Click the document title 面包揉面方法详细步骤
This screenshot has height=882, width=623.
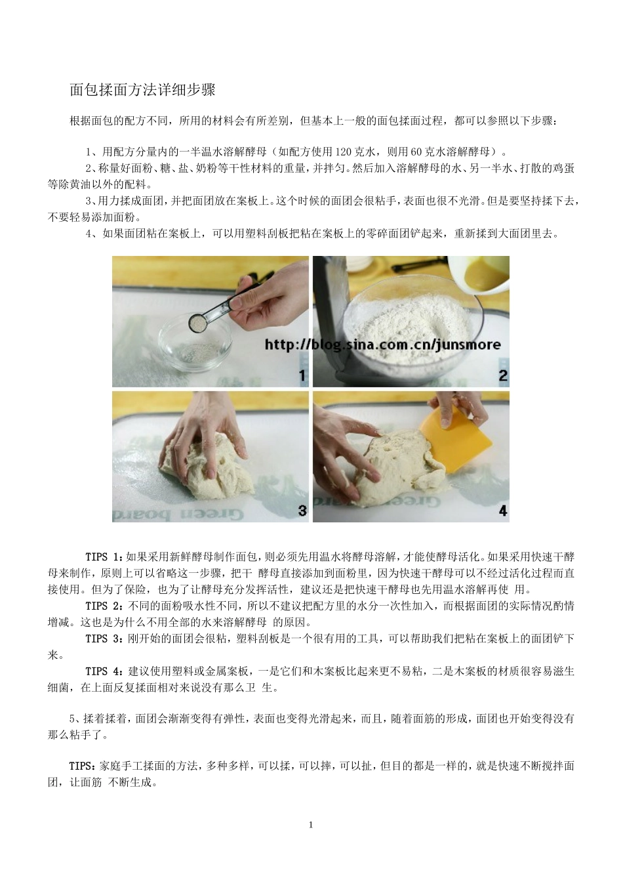[x=142, y=90]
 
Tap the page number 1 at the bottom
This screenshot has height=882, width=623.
[x=311, y=824]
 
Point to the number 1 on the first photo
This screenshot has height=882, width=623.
[x=301, y=375]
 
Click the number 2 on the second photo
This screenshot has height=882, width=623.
[x=502, y=375]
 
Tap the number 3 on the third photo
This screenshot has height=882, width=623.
[x=301, y=510]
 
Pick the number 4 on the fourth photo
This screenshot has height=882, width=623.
[x=502, y=510]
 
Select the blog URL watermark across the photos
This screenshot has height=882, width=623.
[x=382, y=345]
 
